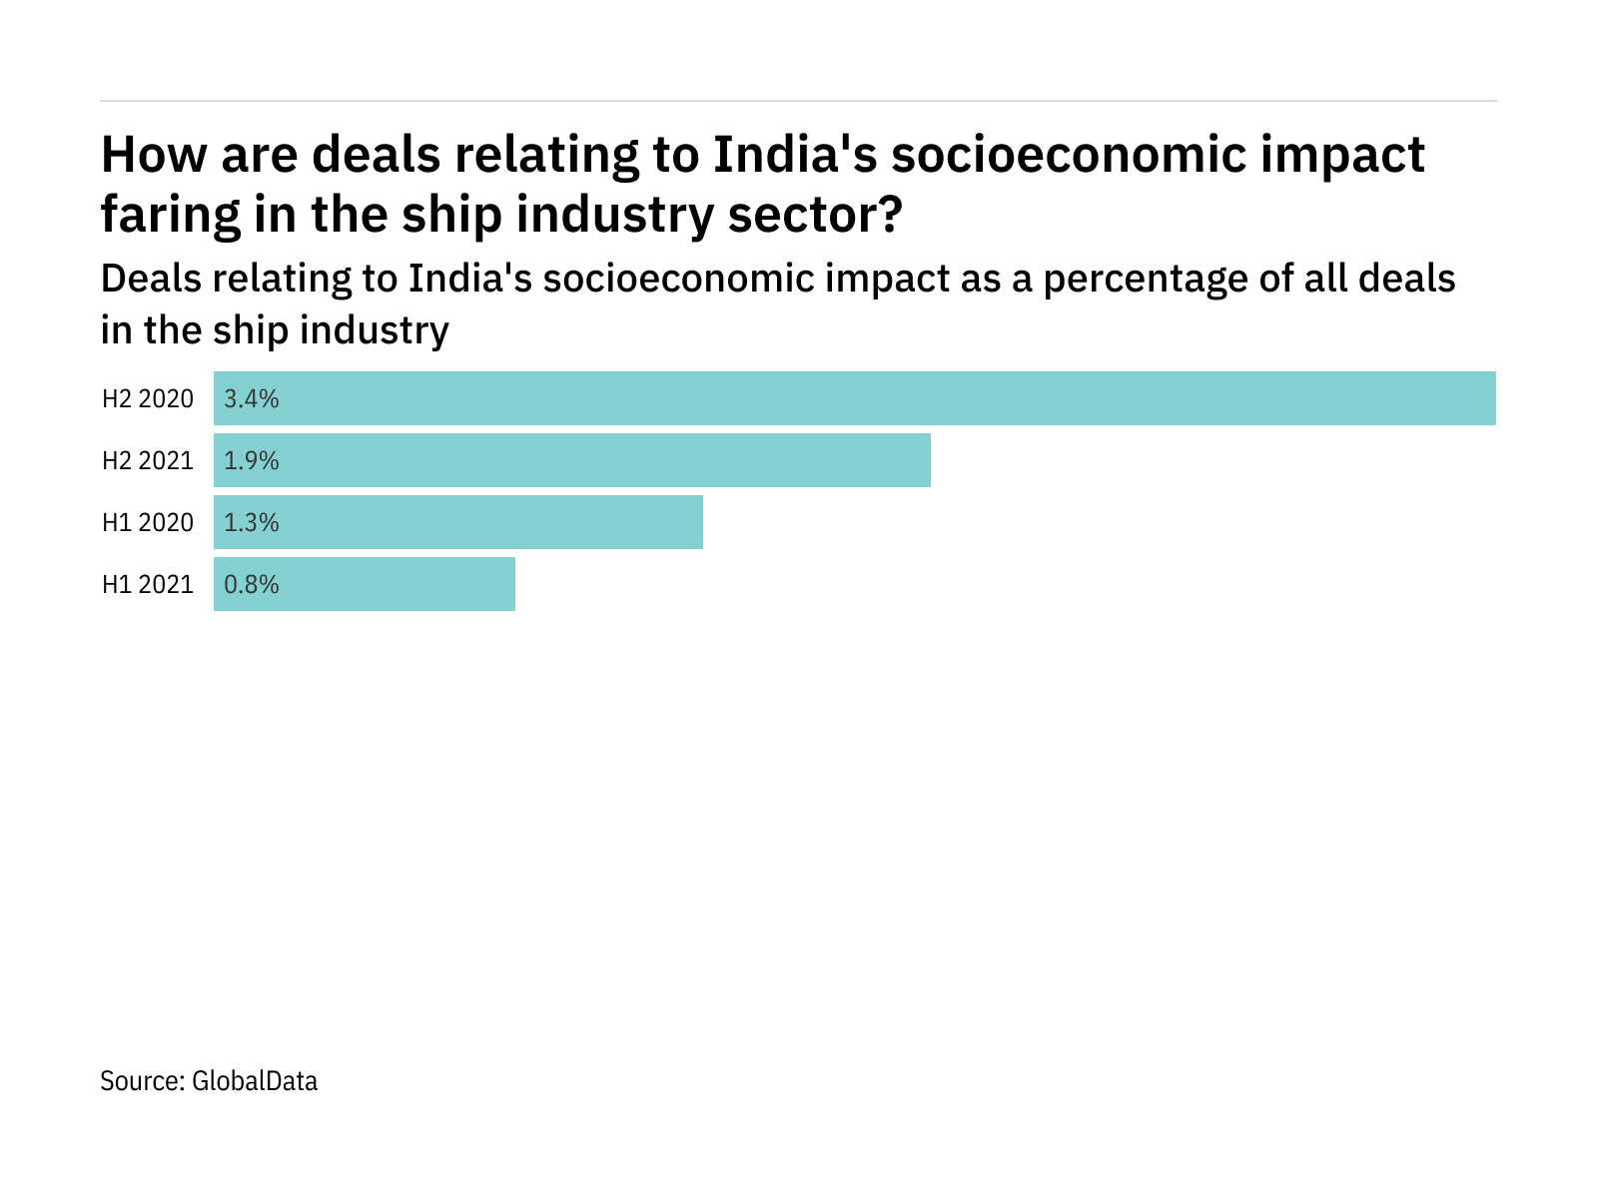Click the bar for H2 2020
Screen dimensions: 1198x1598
pos(855,398)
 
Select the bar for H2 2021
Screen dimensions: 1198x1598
pos(572,460)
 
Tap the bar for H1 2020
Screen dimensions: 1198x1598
pos(458,522)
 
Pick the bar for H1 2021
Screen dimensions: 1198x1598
pos(365,584)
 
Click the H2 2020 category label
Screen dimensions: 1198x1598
pos(148,399)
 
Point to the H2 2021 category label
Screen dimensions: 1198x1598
pos(148,461)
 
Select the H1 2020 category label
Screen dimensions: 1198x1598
pos(148,523)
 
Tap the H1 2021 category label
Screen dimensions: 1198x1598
pos(148,585)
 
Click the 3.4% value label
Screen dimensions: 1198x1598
pos(252,399)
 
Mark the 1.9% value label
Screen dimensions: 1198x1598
pos(252,461)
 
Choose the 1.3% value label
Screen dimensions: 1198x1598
pos(252,523)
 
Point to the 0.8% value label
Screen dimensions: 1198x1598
pos(252,585)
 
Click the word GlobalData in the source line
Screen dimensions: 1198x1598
pos(255,1081)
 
